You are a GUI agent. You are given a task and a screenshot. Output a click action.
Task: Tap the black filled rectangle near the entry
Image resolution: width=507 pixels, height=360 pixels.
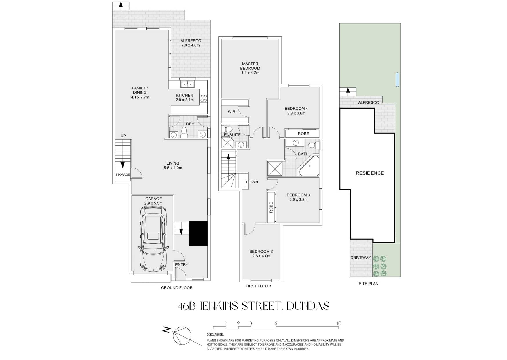pyautogui.click(x=198, y=233)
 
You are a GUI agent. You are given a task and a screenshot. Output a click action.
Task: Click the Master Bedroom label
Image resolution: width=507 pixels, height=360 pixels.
pyautogui.click(x=250, y=66)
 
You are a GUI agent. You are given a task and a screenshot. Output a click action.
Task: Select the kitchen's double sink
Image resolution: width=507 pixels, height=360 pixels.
pyautogui.click(x=188, y=84)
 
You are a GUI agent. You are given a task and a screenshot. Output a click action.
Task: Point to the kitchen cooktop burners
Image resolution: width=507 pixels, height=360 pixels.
pyautogui.click(x=204, y=98)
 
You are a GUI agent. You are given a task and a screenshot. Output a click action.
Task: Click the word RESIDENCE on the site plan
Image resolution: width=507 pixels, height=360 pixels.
pyautogui.click(x=370, y=173)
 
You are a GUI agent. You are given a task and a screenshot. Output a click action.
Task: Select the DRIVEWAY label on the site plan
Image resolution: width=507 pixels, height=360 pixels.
pyautogui.click(x=361, y=258)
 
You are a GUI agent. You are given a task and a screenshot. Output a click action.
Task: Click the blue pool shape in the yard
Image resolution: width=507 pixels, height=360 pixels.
pyautogui.click(x=397, y=80)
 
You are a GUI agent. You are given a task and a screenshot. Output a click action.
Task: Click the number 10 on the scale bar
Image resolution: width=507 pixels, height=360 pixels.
pyautogui.click(x=338, y=323)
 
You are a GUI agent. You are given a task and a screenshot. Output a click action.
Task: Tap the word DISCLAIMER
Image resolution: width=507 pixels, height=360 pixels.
pyautogui.click(x=215, y=334)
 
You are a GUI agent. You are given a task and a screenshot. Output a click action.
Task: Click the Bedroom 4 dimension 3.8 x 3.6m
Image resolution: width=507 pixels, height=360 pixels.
pyautogui.click(x=296, y=113)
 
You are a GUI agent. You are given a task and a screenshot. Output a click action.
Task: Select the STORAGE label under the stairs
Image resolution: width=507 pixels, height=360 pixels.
pyautogui.click(x=123, y=175)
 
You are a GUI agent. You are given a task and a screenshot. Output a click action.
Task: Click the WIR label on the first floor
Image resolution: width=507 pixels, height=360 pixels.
pyautogui.click(x=231, y=112)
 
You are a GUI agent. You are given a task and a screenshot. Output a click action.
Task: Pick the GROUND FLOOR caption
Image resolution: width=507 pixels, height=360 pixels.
pyautogui.click(x=177, y=288)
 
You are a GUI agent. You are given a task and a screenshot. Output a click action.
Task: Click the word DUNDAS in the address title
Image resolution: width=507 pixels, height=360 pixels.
pyautogui.click(x=308, y=306)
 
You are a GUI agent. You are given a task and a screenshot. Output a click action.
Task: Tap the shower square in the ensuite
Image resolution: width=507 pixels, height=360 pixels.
pyautogui.click(x=228, y=143)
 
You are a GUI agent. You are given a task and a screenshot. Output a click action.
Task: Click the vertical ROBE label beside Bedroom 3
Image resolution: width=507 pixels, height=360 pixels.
pyautogui.click(x=271, y=208)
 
